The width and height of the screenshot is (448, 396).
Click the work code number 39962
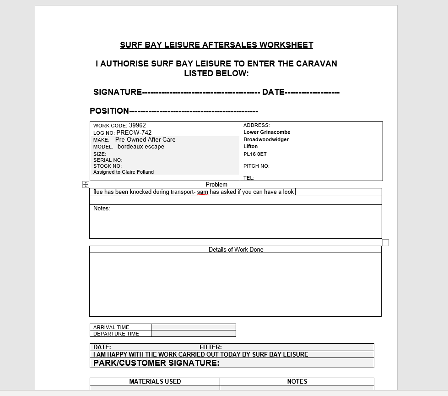point(137,125)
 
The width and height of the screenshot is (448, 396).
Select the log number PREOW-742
point(134,132)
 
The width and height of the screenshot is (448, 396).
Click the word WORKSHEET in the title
point(286,45)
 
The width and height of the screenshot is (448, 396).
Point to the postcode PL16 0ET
point(255,154)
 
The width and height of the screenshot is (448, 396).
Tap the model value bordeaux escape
point(140,147)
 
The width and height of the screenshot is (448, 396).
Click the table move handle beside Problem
point(86,184)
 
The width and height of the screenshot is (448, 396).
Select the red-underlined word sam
point(202,192)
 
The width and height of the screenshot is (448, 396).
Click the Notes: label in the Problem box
point(102,209)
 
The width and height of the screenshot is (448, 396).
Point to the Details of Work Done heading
point(236,249)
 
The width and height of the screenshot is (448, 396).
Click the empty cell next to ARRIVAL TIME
point(193,327)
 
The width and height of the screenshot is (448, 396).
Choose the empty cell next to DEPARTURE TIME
point(193,334)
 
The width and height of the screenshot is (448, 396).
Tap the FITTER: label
point(211,347)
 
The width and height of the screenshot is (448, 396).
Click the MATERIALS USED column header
point(155,381)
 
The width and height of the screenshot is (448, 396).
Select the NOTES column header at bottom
point(297,381)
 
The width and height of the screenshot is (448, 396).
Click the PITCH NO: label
point(256,166)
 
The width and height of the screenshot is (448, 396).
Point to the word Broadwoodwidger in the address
point(266,139)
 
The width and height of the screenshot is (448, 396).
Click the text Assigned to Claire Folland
point(124,172)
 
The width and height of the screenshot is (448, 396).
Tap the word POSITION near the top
point(109,111)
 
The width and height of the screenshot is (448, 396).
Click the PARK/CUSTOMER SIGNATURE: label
point(156,363)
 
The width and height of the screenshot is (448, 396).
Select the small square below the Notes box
point(385,242)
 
